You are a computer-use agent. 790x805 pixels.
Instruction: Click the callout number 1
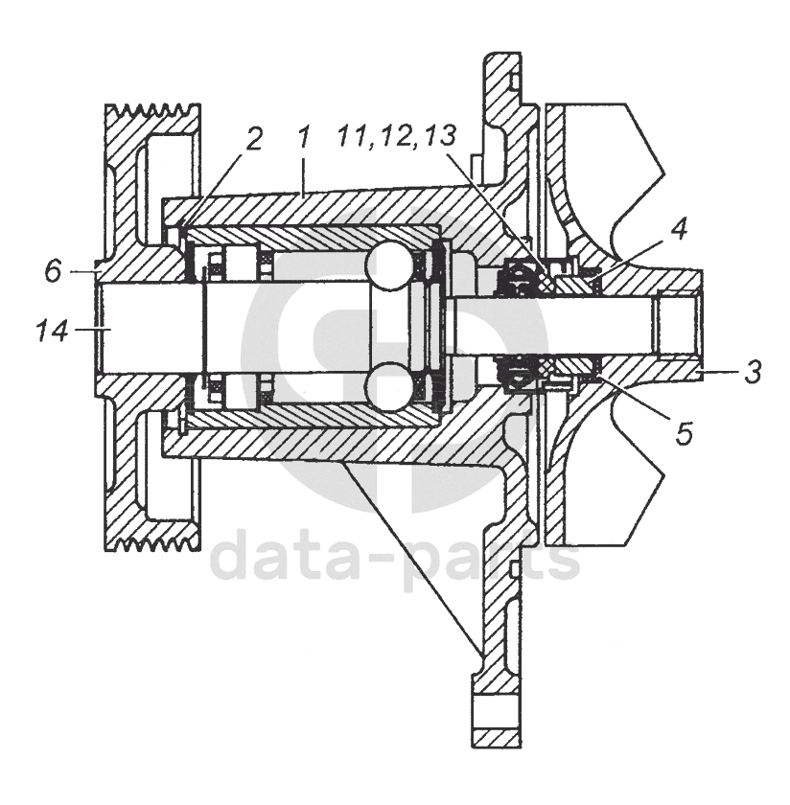[304, 138]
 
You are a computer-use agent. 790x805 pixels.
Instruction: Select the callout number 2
[253, 140]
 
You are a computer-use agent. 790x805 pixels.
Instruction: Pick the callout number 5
[683, 433]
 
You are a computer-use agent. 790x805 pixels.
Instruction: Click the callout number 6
[54, 272]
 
